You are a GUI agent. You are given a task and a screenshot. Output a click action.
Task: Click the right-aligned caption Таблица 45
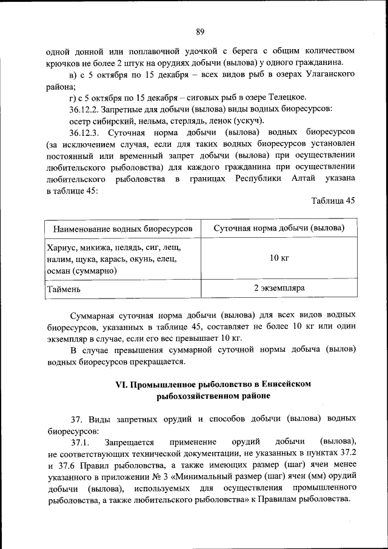(x=333, y=201)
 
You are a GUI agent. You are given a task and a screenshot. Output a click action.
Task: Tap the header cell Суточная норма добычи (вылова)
(x=279, y=228)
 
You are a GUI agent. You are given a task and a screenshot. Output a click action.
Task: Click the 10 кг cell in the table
(x=279, y=258)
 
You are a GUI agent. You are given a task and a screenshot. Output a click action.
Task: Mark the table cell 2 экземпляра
(x=279, y=288)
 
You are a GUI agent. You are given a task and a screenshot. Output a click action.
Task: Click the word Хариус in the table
(x=60, y=248)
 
